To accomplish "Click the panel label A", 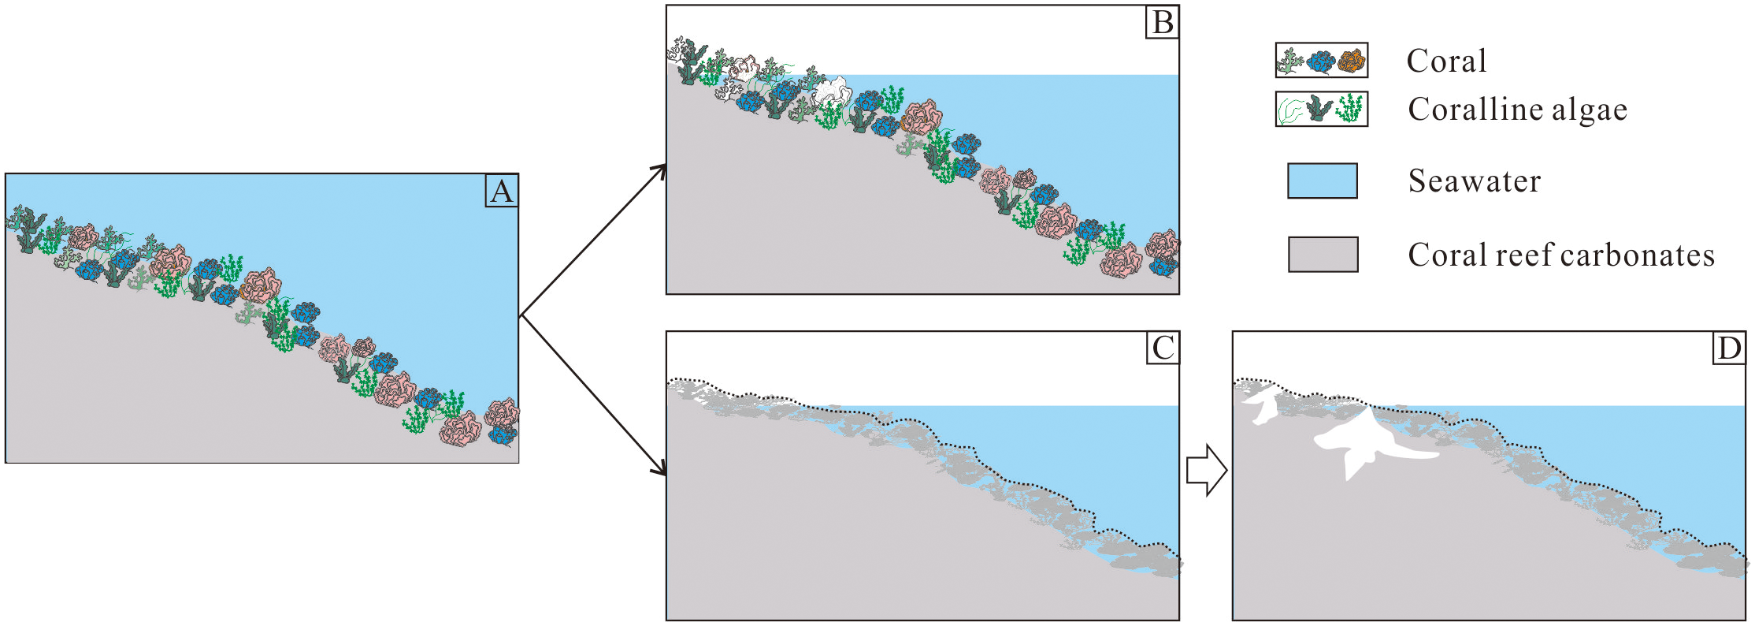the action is point(501,192).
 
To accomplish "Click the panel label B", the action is point(1163,23).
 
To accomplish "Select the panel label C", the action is point(1163,348).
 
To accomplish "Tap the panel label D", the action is point(1728,348).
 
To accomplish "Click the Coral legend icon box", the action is point(1322,61).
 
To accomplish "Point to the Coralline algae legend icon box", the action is point(1322,109).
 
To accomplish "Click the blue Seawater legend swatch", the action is point(1322,181).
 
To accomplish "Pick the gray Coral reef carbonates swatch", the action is point(1323,254).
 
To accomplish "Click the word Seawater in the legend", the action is point(1474,181).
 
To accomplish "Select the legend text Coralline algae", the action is point(1517,110).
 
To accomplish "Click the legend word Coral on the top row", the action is point(1446,61).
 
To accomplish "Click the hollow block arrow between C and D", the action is point(1205,471).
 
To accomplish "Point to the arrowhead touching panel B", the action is point(659,170).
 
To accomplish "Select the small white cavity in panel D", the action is point(1263,407).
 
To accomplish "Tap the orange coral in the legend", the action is point(1351,61).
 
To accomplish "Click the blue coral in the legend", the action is point(1321,61).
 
